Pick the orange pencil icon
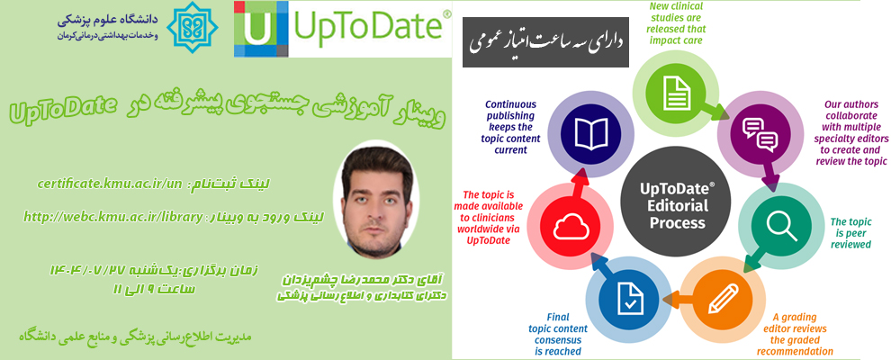point(723,299)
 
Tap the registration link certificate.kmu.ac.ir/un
point(109,184)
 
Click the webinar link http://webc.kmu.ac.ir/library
point(113,216)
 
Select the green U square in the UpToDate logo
point(256,29)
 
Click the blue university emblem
point(195,27)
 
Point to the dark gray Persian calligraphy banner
point(545,42)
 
